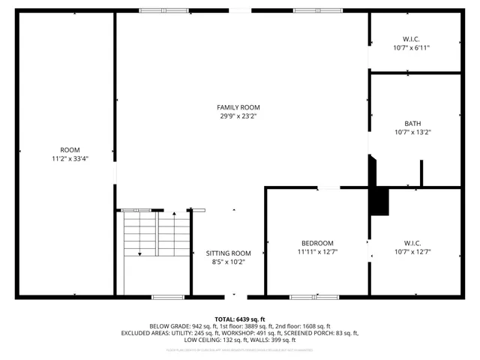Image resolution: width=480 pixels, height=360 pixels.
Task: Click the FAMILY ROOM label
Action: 238,107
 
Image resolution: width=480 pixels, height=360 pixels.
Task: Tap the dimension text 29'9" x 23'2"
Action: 238,116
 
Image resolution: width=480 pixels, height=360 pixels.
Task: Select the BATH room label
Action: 412,124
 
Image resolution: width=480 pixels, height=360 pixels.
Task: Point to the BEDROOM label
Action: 317,243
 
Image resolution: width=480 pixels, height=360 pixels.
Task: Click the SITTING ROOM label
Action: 228,253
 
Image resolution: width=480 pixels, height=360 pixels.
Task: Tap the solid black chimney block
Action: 380,200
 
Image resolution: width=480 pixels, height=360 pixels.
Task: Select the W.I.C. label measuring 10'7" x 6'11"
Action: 412,39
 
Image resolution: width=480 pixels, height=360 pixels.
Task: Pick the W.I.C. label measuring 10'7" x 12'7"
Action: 412,243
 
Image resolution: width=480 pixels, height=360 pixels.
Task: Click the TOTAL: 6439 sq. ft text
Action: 239,319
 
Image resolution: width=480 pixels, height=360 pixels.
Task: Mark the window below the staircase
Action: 168,297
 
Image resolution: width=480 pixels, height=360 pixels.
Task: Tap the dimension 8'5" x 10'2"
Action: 228,262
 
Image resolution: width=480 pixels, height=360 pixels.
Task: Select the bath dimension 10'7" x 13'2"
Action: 412,132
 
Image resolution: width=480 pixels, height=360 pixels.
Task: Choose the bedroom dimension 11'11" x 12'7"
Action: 317,251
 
